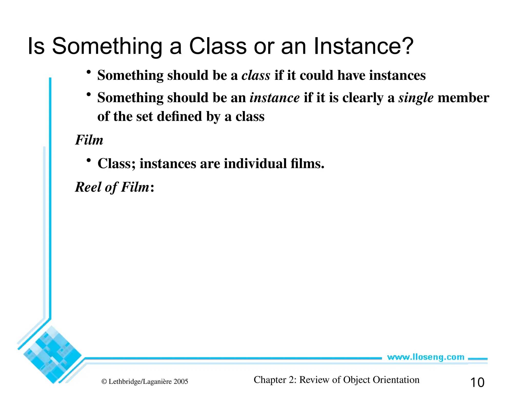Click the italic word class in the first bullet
(256, 75)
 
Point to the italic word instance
(275, 98)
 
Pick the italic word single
(416, 98)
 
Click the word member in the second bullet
(463, 98)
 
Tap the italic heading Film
(89, 140)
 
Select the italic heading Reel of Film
(112, 187)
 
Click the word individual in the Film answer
(255, 164)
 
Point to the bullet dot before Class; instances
(89, 161)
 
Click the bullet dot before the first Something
(89, 72)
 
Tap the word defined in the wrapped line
(179, 117)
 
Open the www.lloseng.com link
(426, 357)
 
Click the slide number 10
(477, 382)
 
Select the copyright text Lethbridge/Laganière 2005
(145, 382)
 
